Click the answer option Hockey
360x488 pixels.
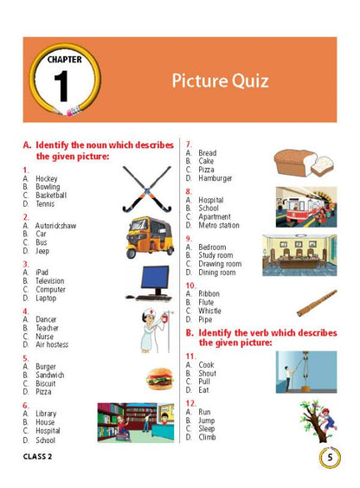click(47, 178)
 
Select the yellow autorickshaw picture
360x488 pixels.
click(150, 237)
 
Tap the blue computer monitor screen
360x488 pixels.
click(155, 277)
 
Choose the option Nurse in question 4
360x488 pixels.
click(44, 337)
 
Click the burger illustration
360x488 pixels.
click(160, 378)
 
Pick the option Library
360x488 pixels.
click(46, 414)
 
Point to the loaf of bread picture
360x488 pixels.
click(304, 163)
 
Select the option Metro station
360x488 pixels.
click(219, 225)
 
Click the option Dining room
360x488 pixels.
click(217, 273)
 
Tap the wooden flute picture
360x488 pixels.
click(317, 303)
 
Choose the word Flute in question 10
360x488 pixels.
click(206, 302)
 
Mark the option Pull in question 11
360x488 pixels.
click(204, 382)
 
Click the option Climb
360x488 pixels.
click(207, 437)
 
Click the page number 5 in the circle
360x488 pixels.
click(330, 457)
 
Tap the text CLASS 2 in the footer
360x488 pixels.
click(37, 457)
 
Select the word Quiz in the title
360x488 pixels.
click(250, 81)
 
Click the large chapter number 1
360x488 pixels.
click(61, 86)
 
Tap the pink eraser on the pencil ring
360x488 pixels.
click(74, 111)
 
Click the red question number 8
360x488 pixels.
click(189, 191)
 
